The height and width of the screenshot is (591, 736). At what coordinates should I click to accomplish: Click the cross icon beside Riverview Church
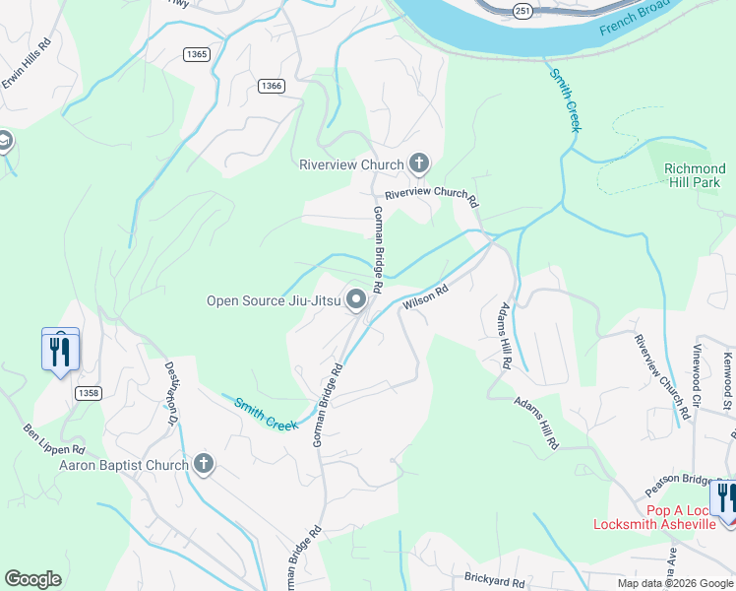pyautogui.click(x=419, y=164)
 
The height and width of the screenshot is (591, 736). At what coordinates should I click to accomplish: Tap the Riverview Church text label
pyautogui.click(x=351, y=164)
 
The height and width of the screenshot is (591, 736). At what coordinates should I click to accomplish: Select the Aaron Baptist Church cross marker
pyautogui.click(x=204, y=464)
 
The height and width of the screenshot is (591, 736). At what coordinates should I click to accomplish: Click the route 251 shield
pyautogui.click(x=522, y=10)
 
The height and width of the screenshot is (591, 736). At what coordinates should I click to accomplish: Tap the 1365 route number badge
pyautogui.click(x=196, y=54)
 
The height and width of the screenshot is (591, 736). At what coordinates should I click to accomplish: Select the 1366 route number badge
pyautogui.click(x=272, y=86)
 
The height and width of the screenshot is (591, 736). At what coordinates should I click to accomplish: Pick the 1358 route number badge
pyautogui.click(x=88, y=393)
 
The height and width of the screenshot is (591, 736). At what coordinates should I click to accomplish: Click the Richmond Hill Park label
pyautogui.click(x=693, y=175)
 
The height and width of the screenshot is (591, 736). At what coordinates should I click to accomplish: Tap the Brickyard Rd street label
pyautogui.click(x=494, y=580)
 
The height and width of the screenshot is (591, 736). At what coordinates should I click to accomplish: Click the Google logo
pyautogui.click(x=33, y=578)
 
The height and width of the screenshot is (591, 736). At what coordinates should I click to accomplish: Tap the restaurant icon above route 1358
pyautogui.click(x=60, y=350)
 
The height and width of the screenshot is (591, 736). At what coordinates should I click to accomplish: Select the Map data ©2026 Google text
pyautogui.click(x=674, y=583)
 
